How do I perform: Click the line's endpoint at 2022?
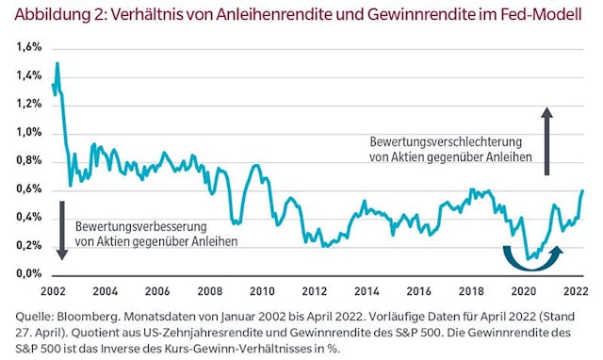point(582,191)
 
